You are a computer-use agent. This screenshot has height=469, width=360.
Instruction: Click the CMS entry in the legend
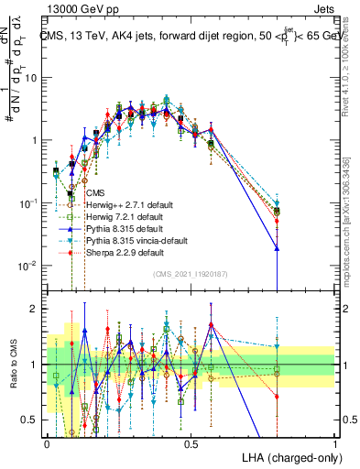click(x=94, y=193)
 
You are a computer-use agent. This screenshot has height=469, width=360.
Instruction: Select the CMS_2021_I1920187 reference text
click(x=190, y=272)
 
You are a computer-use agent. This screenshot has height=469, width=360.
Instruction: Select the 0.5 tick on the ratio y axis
click(x=33, y=420)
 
